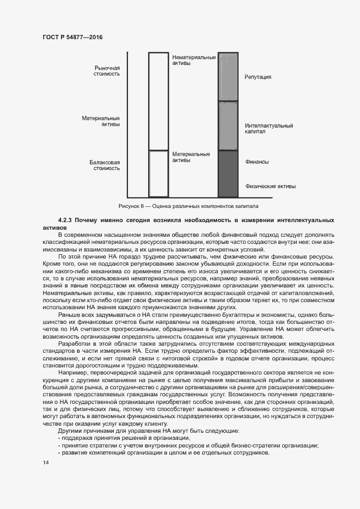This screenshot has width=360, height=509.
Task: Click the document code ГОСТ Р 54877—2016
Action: tap(72, 37)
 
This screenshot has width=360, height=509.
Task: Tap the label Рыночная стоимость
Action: tap(107, 71)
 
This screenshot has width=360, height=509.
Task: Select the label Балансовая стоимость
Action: tap(105, 165)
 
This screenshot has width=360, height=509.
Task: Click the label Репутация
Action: tap(258, 77)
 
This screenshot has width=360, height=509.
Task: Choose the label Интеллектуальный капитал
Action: tap(269, 128)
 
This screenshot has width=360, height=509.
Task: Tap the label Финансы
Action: tap(257, 162)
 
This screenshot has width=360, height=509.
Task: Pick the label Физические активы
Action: tap(270, 186)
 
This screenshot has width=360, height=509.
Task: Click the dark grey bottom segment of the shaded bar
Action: tap(228, 174)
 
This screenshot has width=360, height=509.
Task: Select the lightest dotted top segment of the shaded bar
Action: tap(228, 77)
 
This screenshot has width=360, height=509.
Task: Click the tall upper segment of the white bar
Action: tap(158, 101)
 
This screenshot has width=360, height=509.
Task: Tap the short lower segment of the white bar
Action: tap(158, 173)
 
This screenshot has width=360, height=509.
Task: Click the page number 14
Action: tap(45, 463)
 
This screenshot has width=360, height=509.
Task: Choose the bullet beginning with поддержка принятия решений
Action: tap(124, 438)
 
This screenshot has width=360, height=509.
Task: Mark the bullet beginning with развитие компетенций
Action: tap(163, 453)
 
